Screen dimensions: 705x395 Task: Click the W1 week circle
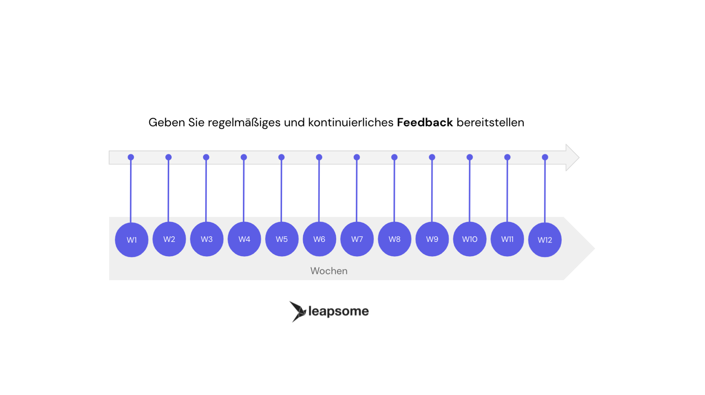[131, 240]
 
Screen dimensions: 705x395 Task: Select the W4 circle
[244, 239]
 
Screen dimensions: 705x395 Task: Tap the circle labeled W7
[357, 239]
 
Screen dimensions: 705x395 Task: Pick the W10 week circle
[469, 239]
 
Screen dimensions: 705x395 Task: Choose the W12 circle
[545, 240]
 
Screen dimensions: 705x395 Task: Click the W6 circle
[319, 239]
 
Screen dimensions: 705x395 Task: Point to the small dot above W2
[168, 157]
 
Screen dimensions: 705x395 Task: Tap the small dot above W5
[281, 157]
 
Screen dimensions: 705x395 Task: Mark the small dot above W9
[432, 157]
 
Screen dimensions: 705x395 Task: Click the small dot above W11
[507, 157]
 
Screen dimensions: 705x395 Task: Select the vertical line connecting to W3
[206, 191]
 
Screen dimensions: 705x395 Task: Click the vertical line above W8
[394, 191]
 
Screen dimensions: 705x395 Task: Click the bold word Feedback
[425, 122]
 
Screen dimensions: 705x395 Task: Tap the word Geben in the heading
[167, 122]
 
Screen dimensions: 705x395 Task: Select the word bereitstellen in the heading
[490, 122]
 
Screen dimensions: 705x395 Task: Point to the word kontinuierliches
[351, 122]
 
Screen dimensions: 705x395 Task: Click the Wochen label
[329, 271]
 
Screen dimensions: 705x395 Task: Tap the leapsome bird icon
[297, 311]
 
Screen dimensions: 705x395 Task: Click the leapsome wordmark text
[338, 311]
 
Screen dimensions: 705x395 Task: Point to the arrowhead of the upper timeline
[572, 157]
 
